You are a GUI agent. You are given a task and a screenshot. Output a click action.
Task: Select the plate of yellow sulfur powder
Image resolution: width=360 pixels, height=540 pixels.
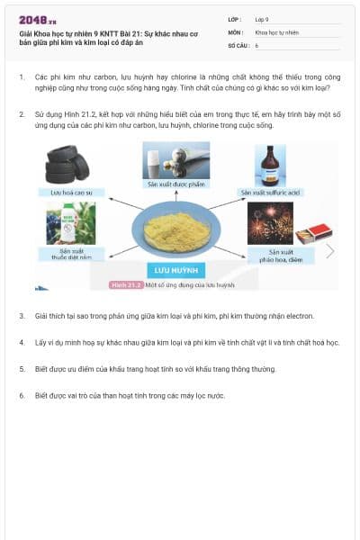point(175,230)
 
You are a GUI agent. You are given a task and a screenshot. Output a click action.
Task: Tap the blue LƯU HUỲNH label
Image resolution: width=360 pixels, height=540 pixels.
point(175,270)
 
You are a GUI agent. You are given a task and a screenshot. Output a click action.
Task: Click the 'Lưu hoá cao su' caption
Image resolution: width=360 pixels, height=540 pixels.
point(65,193)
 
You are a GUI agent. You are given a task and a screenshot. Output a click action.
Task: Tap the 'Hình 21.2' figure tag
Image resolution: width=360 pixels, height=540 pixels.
point(126,284)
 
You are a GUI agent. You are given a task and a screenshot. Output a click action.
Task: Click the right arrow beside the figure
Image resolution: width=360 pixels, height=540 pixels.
point(330,251)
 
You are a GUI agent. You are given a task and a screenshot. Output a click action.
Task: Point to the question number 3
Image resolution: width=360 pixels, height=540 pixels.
point(22,317)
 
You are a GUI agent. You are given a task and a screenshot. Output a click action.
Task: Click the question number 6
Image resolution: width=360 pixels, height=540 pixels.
point(22,395)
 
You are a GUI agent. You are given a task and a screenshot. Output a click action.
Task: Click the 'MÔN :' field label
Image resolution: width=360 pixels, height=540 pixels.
point(236,31)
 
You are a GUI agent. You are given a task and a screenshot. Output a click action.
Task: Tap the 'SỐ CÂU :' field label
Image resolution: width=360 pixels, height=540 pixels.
point(238,44)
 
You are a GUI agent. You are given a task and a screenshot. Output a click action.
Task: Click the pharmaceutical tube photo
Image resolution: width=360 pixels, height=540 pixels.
point(176,160)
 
